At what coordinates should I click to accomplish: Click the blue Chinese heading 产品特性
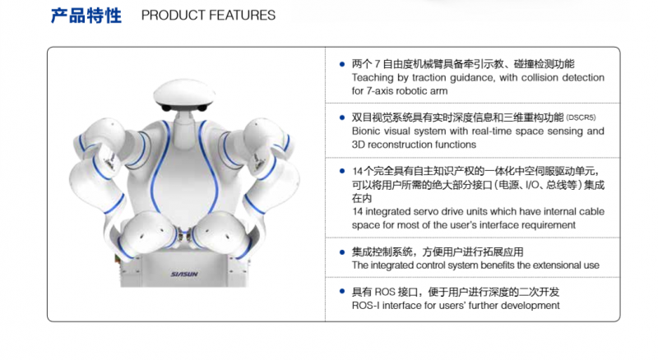86,16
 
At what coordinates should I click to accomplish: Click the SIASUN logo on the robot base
184,274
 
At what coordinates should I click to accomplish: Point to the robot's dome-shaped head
183,94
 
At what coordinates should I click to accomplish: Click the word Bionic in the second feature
364,132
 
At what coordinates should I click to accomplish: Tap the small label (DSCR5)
581,118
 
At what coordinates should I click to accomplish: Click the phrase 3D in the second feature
358,145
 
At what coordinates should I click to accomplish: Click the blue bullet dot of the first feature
342,64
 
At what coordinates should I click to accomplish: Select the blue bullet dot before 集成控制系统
342,252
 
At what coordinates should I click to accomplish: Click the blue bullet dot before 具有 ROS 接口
342,292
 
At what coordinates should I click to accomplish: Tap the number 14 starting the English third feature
357,212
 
